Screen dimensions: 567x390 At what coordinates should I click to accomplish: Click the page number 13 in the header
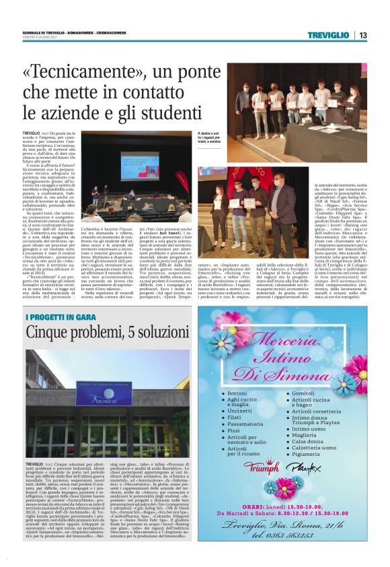click(362, 35)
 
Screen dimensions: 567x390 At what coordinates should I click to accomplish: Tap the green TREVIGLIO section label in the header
click(328, 35)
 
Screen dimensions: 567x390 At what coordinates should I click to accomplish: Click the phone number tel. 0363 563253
click(291, 536)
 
